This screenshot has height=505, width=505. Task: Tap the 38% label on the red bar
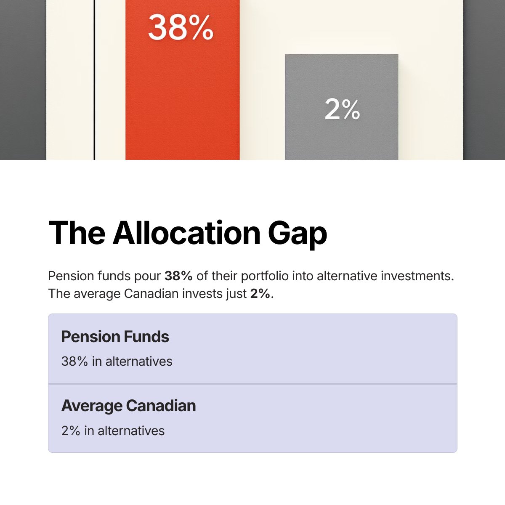tap(181, 28)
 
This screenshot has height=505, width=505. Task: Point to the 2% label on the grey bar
tap(342, 109)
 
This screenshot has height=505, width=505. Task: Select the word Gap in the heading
tap(297, 234)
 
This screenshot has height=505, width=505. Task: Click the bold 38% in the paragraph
tap(178, 276)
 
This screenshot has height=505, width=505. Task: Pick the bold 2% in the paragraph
tap(260, 293)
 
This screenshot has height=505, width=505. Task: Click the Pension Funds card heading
tap(115, 337)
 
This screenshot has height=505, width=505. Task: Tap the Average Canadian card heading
tap(128, 406)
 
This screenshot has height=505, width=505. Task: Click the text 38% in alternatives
tap(117, 361)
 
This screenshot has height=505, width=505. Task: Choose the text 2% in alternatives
tap(113, 431)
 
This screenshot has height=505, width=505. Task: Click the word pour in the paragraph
tap(147, 276)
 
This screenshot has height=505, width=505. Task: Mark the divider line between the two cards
tap(252, 384)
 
